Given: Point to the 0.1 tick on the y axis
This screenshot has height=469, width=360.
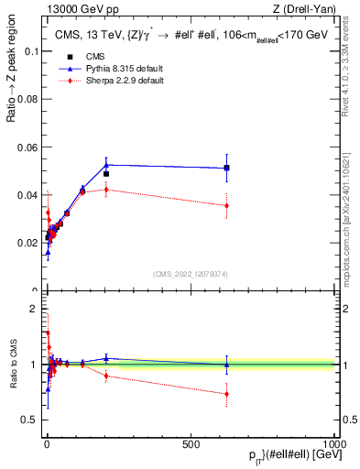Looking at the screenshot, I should pos(31,51).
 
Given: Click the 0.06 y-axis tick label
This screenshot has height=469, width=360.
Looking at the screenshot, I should pos(27,147).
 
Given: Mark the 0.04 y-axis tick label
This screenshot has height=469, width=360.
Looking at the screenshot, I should pos(27,195).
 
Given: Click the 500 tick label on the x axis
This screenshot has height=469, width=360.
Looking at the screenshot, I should pos(191,443).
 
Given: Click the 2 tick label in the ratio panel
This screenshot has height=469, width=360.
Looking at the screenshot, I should pos(35,309).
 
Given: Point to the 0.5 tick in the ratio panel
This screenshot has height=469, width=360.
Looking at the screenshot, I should pos(30,420).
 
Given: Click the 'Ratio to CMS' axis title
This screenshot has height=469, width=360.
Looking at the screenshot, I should pos(13,364).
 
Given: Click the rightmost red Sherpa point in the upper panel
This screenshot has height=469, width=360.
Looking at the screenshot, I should pos(226,205).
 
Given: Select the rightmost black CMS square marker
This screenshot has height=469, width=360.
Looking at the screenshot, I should pos(226,168).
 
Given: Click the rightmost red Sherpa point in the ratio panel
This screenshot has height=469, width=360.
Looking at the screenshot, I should pos(226,394).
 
